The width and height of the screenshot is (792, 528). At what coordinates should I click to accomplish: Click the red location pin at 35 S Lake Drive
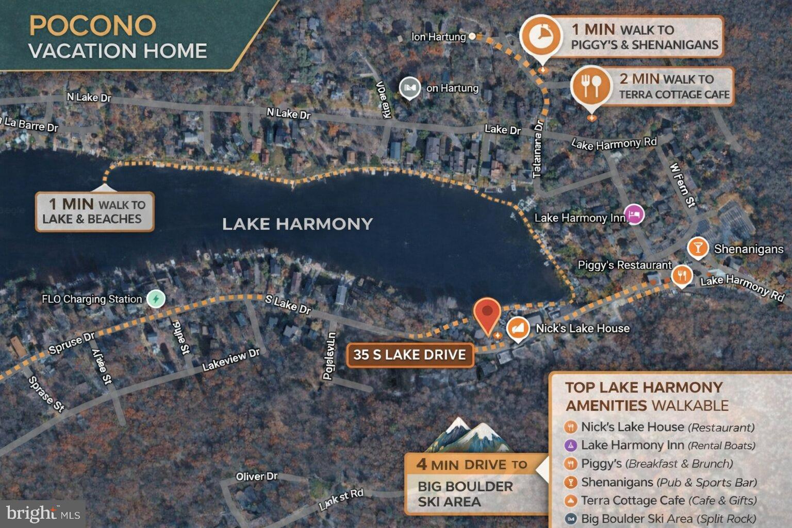[487, 314]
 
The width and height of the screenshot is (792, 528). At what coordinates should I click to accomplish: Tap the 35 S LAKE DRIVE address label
[409, 355]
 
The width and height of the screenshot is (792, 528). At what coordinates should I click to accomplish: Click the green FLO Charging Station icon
[155, 299]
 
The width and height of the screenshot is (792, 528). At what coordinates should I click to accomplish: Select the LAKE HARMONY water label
[297, 224]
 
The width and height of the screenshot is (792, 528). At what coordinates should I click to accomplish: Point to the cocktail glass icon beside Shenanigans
[698, 248]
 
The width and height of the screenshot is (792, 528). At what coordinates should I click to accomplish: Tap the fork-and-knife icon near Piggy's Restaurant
[682, 275]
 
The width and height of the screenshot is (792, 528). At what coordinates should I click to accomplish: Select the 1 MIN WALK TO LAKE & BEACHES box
[94, 211]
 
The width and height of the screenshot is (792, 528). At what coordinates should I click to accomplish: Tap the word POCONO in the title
[92, 26]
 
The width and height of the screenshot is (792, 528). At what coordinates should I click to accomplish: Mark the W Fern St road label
[683, 185]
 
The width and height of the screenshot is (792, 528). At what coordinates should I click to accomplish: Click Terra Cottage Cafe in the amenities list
[632, 501]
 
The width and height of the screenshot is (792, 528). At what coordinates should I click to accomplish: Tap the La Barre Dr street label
[31, 124]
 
